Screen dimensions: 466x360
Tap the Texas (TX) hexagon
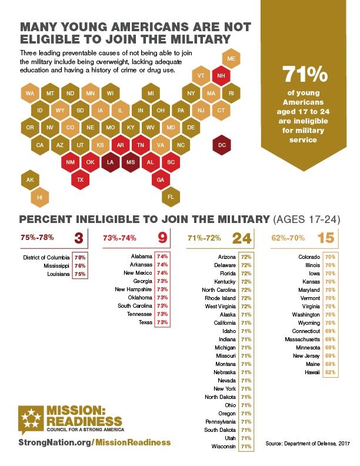[x=81, y=179]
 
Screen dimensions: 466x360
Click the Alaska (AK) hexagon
[x=29, y=180]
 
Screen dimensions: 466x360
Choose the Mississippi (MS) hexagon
[x=131, y=162]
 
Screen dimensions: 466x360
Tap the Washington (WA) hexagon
[x=29, y=94]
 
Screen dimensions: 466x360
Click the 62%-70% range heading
[x=287, y=238]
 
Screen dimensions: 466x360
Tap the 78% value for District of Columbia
[x=79, y=257]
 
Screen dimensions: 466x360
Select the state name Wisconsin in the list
[x=224, y=447]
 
